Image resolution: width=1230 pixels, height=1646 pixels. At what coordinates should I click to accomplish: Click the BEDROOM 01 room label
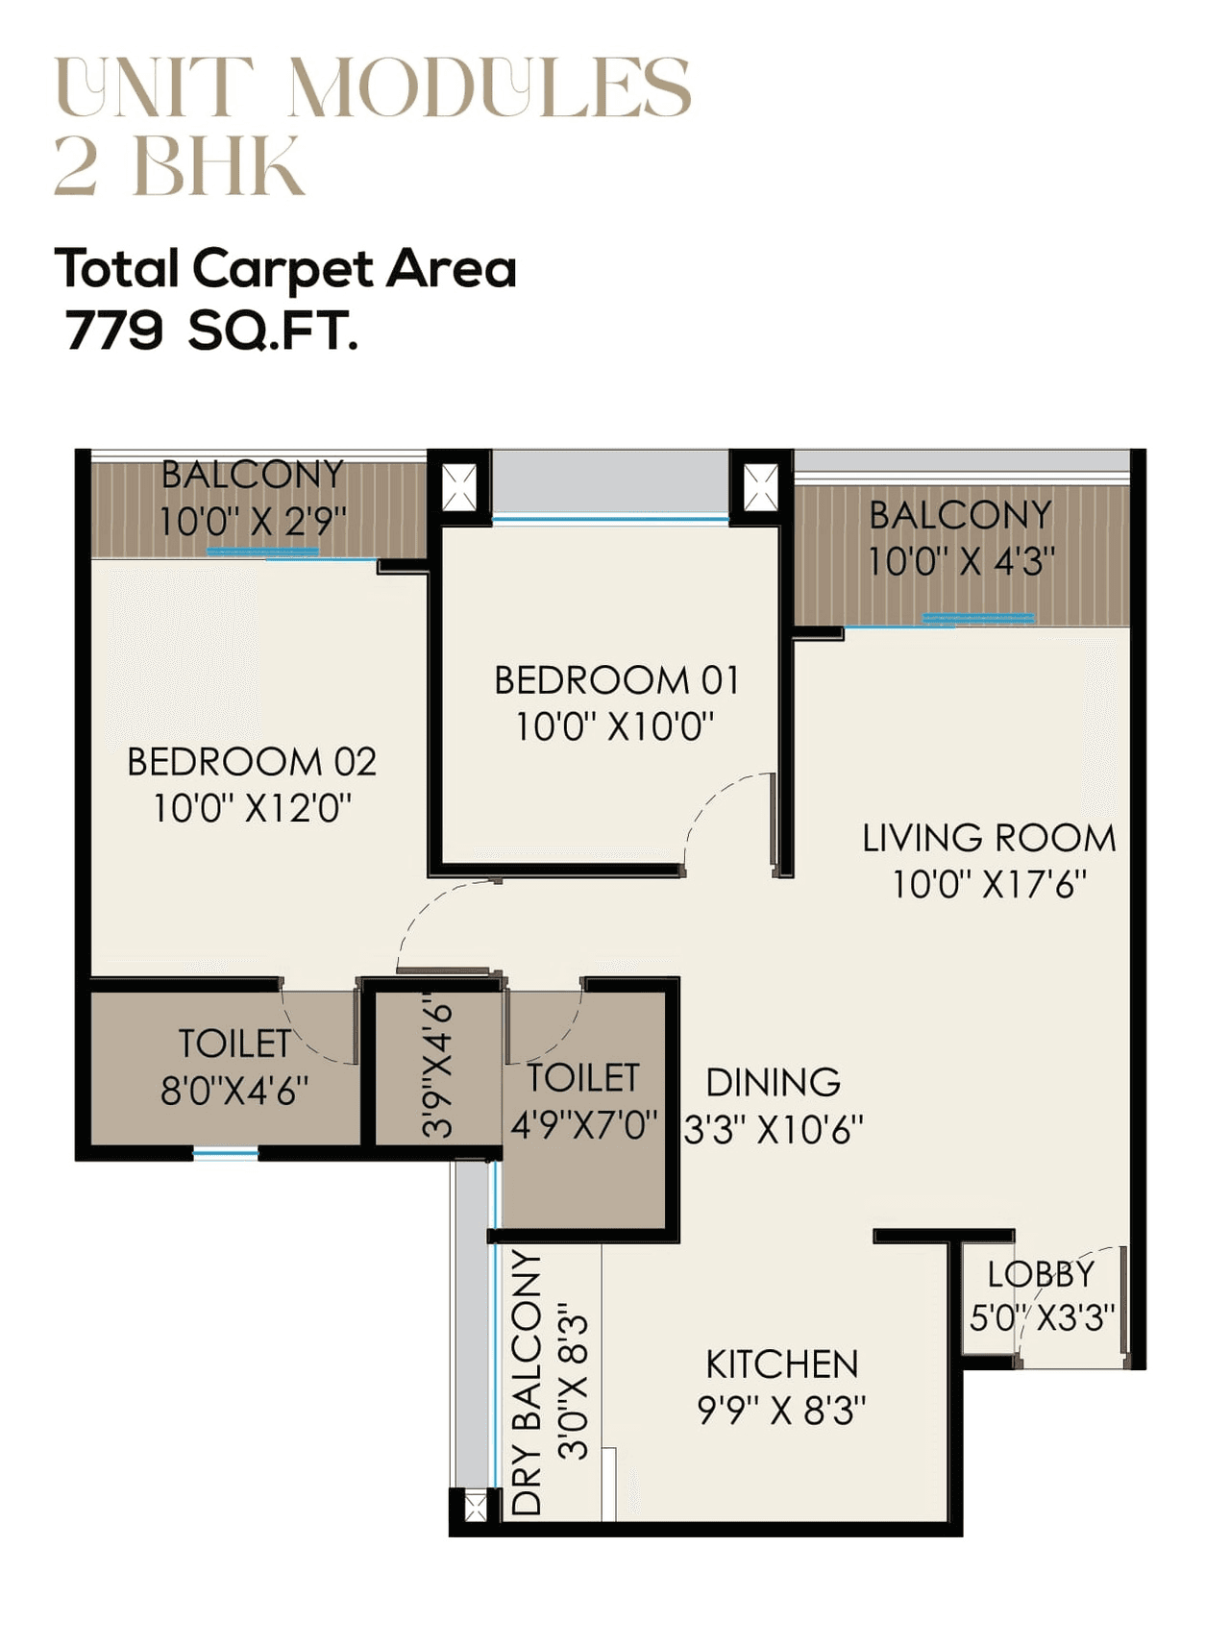click(616, 680)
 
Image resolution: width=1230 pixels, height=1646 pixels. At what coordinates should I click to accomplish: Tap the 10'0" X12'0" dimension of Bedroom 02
click(252, 808)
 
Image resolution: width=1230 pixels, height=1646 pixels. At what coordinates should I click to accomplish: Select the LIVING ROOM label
click(989, 838)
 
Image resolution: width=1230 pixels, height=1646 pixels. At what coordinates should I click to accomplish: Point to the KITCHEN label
click(781, 1364)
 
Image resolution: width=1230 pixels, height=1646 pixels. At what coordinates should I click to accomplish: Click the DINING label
click(773, 1083)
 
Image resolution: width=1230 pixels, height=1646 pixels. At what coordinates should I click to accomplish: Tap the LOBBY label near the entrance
click(1041, 1274)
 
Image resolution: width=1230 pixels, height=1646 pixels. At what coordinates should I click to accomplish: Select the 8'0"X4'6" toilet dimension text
click(234, 1092)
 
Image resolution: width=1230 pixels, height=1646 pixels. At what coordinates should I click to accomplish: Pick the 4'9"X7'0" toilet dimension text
click(583, 1124)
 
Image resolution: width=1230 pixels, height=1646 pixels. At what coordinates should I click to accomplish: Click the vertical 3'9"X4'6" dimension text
click(438, 1067)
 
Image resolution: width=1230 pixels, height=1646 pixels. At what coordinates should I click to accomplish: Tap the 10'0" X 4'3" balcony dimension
click(961, 562)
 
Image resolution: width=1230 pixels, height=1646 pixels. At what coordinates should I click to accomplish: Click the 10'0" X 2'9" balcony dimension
click(252, 522)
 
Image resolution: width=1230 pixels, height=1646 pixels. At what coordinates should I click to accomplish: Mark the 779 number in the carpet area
click(113, 332)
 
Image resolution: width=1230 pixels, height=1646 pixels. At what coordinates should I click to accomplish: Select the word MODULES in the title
click(489, 87)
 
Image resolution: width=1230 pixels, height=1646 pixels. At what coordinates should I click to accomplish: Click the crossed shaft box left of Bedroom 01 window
click(458, 487)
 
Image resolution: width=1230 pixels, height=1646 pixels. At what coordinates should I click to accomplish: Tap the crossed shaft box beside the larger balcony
click(761, 487)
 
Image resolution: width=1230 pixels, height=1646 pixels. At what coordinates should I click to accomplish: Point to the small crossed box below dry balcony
click(475, 1505)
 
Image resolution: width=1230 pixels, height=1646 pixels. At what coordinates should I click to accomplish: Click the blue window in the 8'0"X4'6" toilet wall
click(225, 1153)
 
